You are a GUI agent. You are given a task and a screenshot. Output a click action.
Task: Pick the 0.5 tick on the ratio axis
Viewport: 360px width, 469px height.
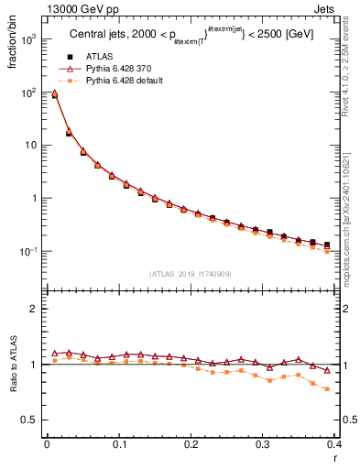27,420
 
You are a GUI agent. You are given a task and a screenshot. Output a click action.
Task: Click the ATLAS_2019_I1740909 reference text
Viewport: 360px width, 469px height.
190,274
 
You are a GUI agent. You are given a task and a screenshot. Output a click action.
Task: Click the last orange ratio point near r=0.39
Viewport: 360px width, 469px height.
327,388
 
